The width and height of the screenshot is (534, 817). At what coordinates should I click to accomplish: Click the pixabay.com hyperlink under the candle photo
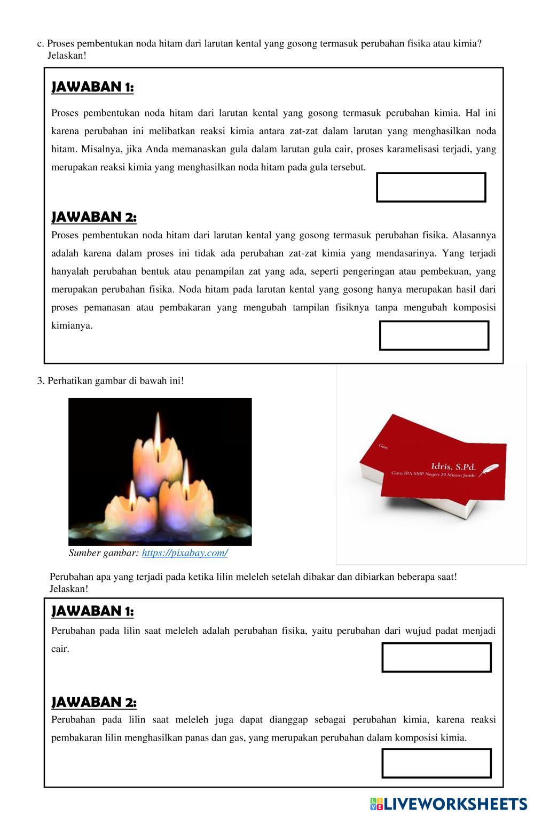pyautogui.click(x=185, y=553)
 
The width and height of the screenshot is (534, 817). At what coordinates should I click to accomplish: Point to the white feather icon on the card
pyautogui.click(x=489, y=470)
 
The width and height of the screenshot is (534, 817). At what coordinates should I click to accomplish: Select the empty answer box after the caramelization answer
pyautogui.click(x=431, y=188)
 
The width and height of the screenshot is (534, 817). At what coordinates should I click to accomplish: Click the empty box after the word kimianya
pyautogui.click(x=434, y=336)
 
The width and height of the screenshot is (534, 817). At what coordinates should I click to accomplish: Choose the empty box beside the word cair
pyautogui.click(x=436, y=657)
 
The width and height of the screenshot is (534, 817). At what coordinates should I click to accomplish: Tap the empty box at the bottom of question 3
pyautogui.click(x=436, y=763)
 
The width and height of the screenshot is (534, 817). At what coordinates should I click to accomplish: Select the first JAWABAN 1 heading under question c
pyautogui.click(x=92, y=87)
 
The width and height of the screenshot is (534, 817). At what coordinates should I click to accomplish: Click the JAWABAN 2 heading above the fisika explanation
pyautogui.click(x=94, y=217)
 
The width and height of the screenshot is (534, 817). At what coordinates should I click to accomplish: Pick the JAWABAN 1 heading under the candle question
pyautogui.click(x=92, y=611)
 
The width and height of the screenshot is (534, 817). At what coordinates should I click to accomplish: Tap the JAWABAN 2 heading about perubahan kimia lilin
pyautogui.click(x=94, y=702)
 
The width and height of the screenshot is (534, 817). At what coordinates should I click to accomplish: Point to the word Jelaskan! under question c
pyautogui.click(x=67, y=56)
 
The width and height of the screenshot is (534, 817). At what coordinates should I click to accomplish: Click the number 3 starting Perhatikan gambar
pyautogui.click(x=40, y=381)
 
